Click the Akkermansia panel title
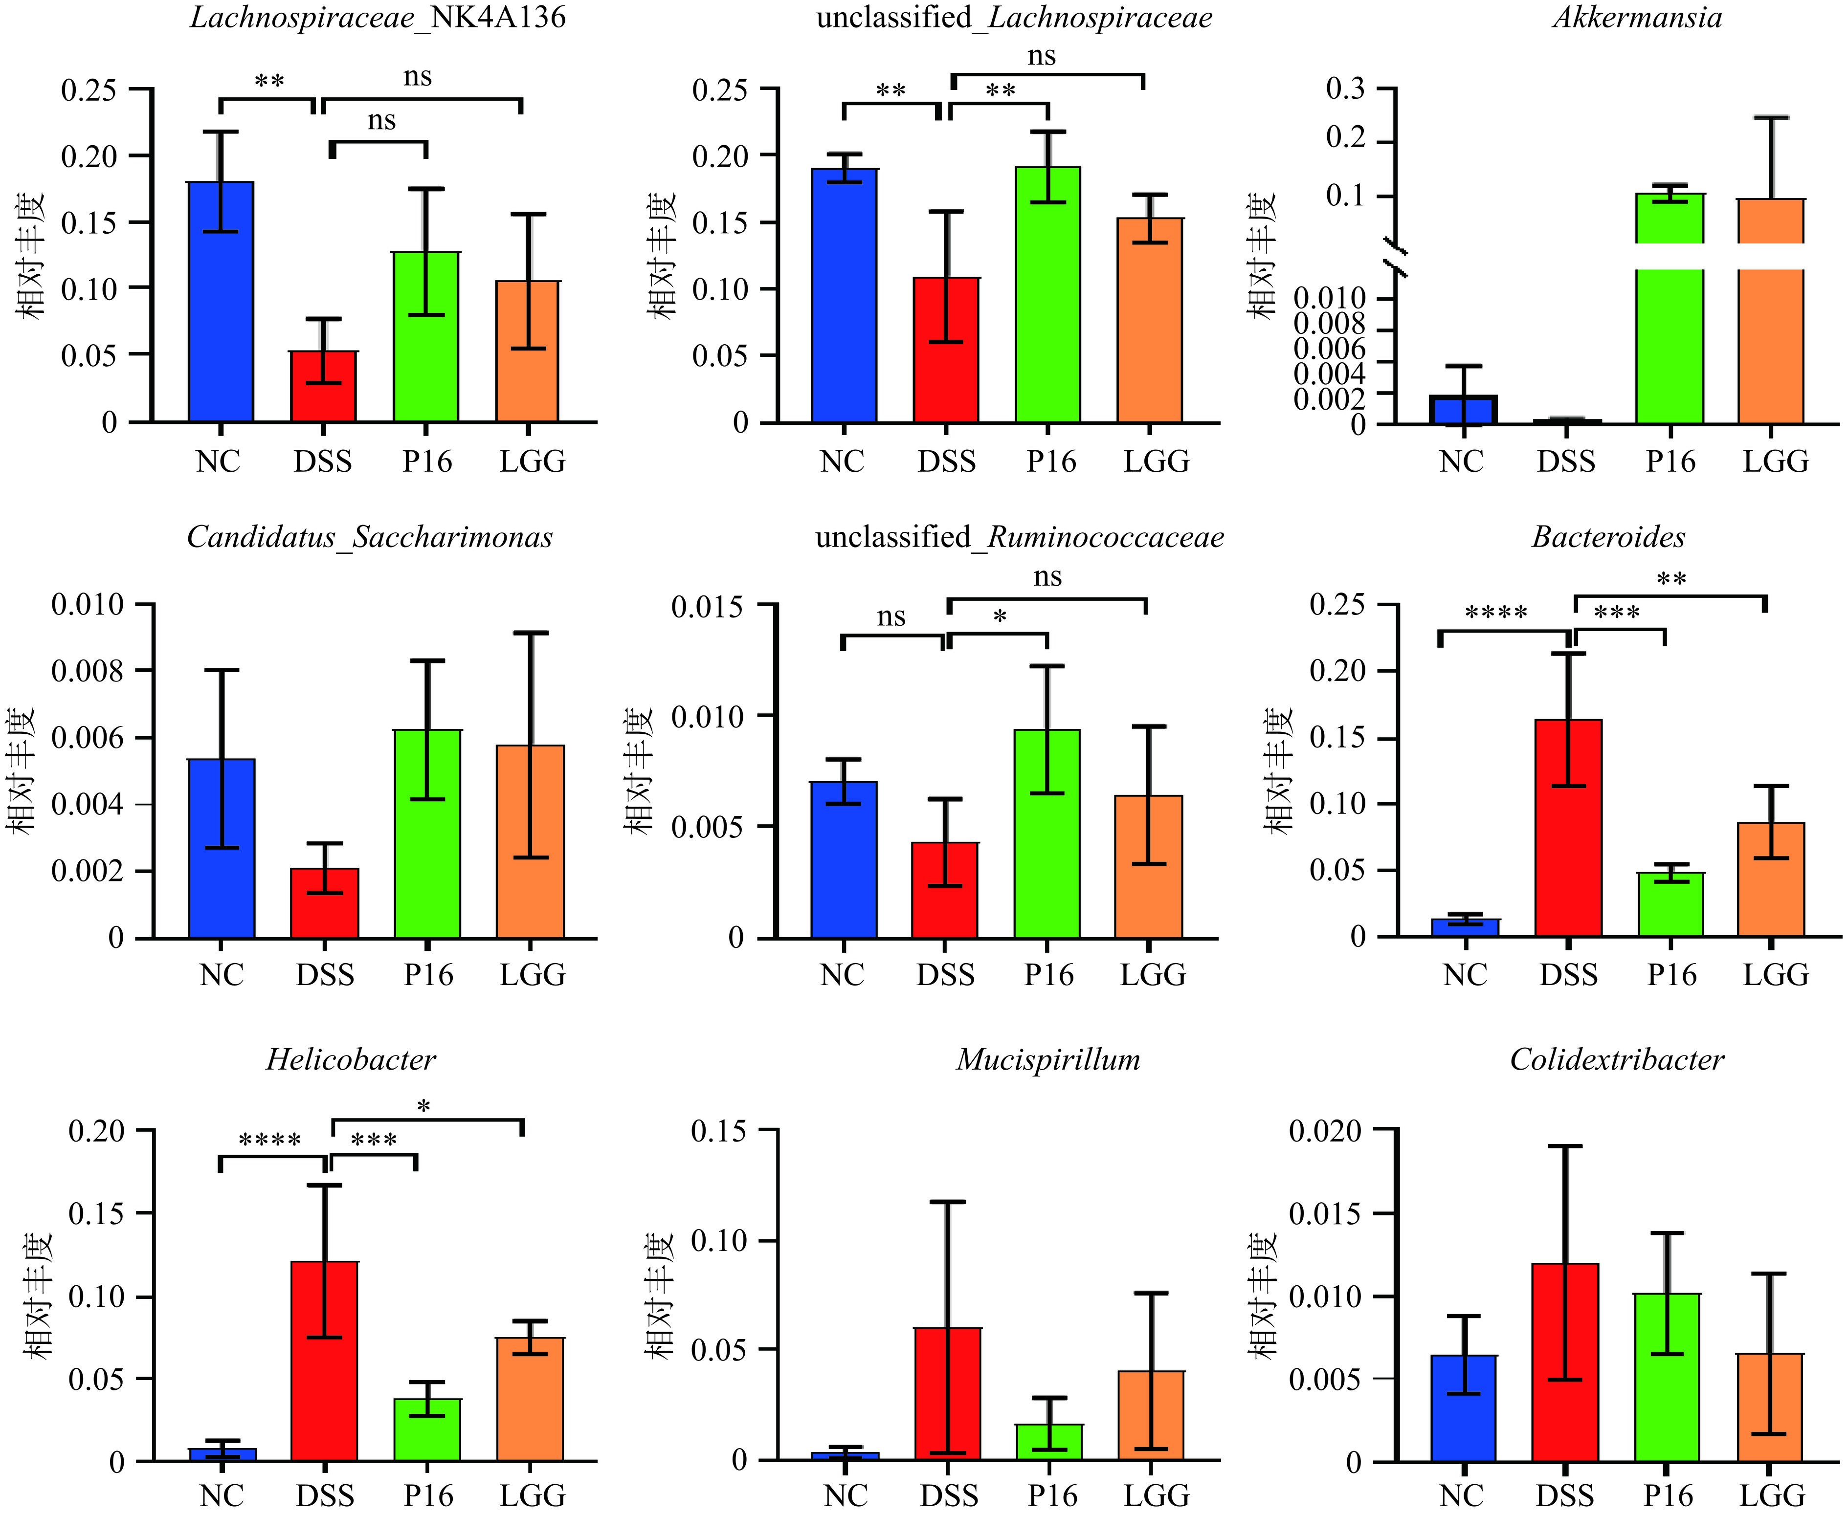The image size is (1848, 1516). click(1637, 18)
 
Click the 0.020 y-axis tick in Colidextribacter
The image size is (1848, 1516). click(1325, 1132)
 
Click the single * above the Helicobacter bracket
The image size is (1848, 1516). click(423, 1107)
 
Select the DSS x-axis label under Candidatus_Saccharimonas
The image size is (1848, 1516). click(325, 975)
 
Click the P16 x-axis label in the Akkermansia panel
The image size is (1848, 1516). click(1670, 462)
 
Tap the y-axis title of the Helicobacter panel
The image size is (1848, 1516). click(39, 1295)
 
